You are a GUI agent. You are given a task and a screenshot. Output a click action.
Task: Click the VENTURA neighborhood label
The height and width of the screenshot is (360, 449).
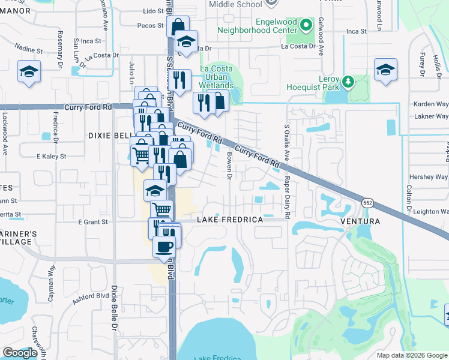click(360, 221)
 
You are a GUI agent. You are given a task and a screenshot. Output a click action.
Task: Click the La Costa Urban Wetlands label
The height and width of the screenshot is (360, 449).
click(217, 77)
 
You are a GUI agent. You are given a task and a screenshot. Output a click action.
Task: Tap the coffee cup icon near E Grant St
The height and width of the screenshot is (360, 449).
click(163, 247)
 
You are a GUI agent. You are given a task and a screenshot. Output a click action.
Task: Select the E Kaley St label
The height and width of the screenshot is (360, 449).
click(50, 156)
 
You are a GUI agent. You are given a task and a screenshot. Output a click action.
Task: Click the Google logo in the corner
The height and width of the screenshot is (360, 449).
click(20, 353)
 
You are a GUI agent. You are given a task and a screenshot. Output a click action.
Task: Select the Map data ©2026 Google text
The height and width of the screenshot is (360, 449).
click(411, 355)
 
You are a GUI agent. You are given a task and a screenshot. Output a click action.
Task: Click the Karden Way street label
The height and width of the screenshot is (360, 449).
click(430, 104)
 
